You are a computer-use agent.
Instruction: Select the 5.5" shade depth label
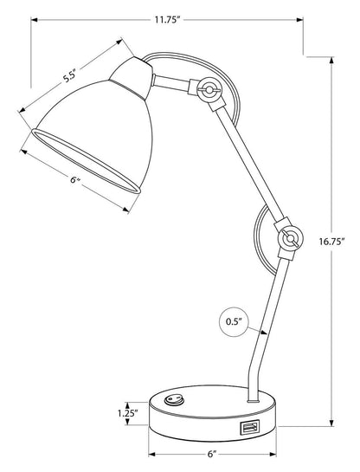coord(75,74)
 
